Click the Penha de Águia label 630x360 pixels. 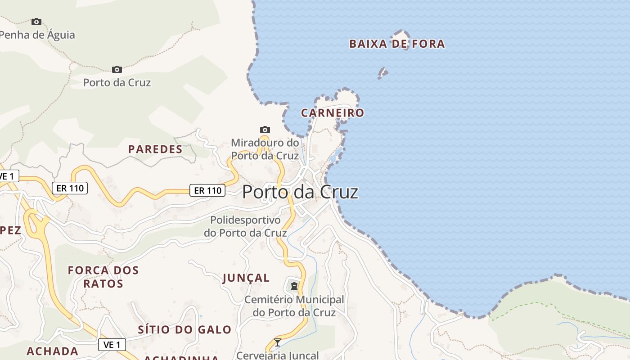[x=38, y=35]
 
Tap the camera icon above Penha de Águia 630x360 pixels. [x=36, y=22]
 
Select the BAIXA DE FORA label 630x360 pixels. [x=397, y=44]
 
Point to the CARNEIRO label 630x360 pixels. [x=332, y=112]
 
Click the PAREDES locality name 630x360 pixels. [x=155, y=149]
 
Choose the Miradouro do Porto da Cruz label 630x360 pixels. [x=265, y=149]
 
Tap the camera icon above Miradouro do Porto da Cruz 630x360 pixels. [x=265, y=130]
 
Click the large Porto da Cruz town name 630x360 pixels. [x=300, y=192]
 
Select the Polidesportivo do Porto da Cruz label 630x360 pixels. [x=245, y=226]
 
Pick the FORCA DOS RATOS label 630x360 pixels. [x=103, y=277]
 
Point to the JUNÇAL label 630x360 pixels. [x=246, y=278]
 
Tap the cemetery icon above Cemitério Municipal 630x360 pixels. [x=294, y=286]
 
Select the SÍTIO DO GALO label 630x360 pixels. [x=184, y=329]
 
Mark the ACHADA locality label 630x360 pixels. [x=52, y=351]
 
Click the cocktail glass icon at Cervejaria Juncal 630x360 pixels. [x=278, y=342]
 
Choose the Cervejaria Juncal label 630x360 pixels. [x=278, y=355]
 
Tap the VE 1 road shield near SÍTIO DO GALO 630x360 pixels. [x=112, y=345]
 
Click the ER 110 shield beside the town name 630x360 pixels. [x=207, y=190]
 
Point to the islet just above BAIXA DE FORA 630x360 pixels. [x=400, y=34]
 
